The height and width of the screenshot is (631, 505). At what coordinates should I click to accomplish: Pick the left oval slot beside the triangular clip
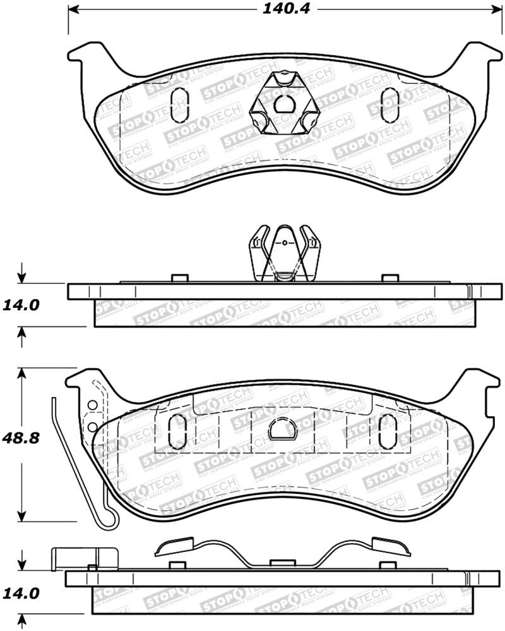[179, 104]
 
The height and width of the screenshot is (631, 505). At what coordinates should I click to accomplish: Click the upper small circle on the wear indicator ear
[92, 405]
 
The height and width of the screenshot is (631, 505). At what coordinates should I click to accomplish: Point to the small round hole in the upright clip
[285, 241]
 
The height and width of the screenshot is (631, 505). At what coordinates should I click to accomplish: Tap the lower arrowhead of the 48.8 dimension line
[23, 517]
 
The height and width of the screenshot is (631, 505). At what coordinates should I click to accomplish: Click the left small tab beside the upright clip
[179, 278]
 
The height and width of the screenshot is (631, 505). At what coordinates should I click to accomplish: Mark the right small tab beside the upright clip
[389, 278]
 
